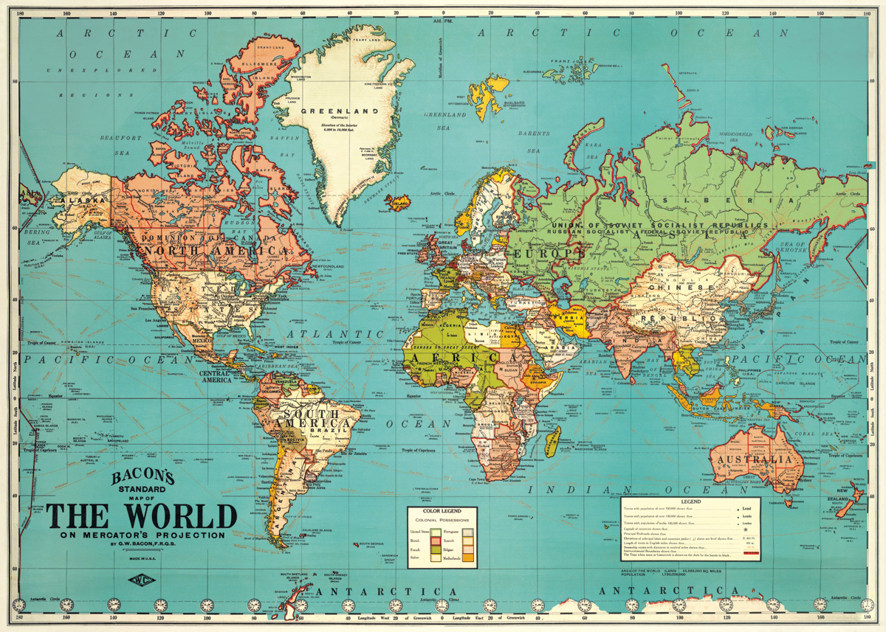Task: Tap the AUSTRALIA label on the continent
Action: point(755,459)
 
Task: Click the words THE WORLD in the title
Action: point(141,516)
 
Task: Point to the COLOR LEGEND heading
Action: point(442,511)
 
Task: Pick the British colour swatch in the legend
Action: point(435,541)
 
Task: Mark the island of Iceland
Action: point(400,201)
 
